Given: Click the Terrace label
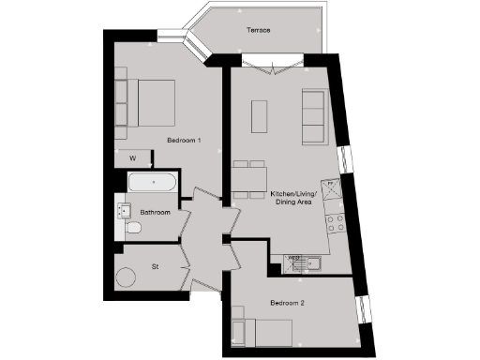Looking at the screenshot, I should pos(259,31).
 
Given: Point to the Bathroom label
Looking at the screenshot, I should pos(156,212).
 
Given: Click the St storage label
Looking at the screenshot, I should pos(155,267).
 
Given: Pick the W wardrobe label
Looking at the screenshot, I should pos(132,157).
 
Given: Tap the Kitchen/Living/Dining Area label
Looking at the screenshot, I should pos(293,199).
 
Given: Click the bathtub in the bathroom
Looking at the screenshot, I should pos(151,184).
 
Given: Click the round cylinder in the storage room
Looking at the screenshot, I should pos(125,277).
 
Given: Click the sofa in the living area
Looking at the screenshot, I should pos(313,116).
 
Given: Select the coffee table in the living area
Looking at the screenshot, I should pos(260,115).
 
